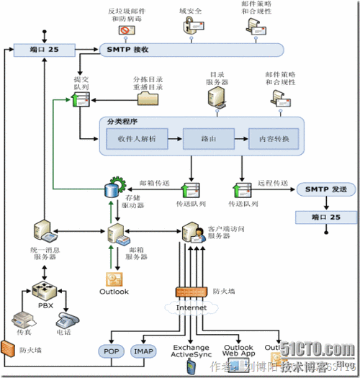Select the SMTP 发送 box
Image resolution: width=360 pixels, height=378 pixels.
click(322, 189)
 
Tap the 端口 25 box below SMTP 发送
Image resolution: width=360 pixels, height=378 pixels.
click(322, 217)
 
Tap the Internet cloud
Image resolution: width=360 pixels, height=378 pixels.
click(191, 308)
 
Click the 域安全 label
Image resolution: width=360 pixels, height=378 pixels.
click(190, 12)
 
